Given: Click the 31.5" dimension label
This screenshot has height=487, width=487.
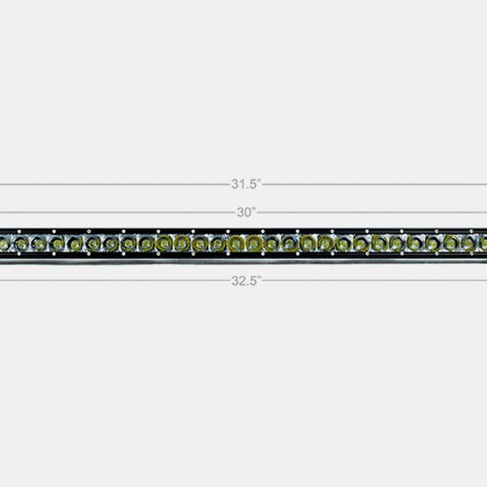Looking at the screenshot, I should point(246,185).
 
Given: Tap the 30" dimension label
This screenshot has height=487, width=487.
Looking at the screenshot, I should point(246,212).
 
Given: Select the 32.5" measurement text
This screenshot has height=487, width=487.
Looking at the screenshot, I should point(246,281).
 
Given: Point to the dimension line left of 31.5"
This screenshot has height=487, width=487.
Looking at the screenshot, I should point(114,185).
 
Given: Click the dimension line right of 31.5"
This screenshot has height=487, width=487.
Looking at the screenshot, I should point(374,185).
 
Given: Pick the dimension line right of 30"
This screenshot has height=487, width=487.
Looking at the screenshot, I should point(374,212).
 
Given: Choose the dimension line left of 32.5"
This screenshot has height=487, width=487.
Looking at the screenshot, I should point(114,280).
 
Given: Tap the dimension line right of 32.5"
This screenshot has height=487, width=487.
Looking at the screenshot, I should point(374,280).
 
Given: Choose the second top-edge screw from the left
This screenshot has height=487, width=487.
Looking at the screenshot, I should point(54,231).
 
